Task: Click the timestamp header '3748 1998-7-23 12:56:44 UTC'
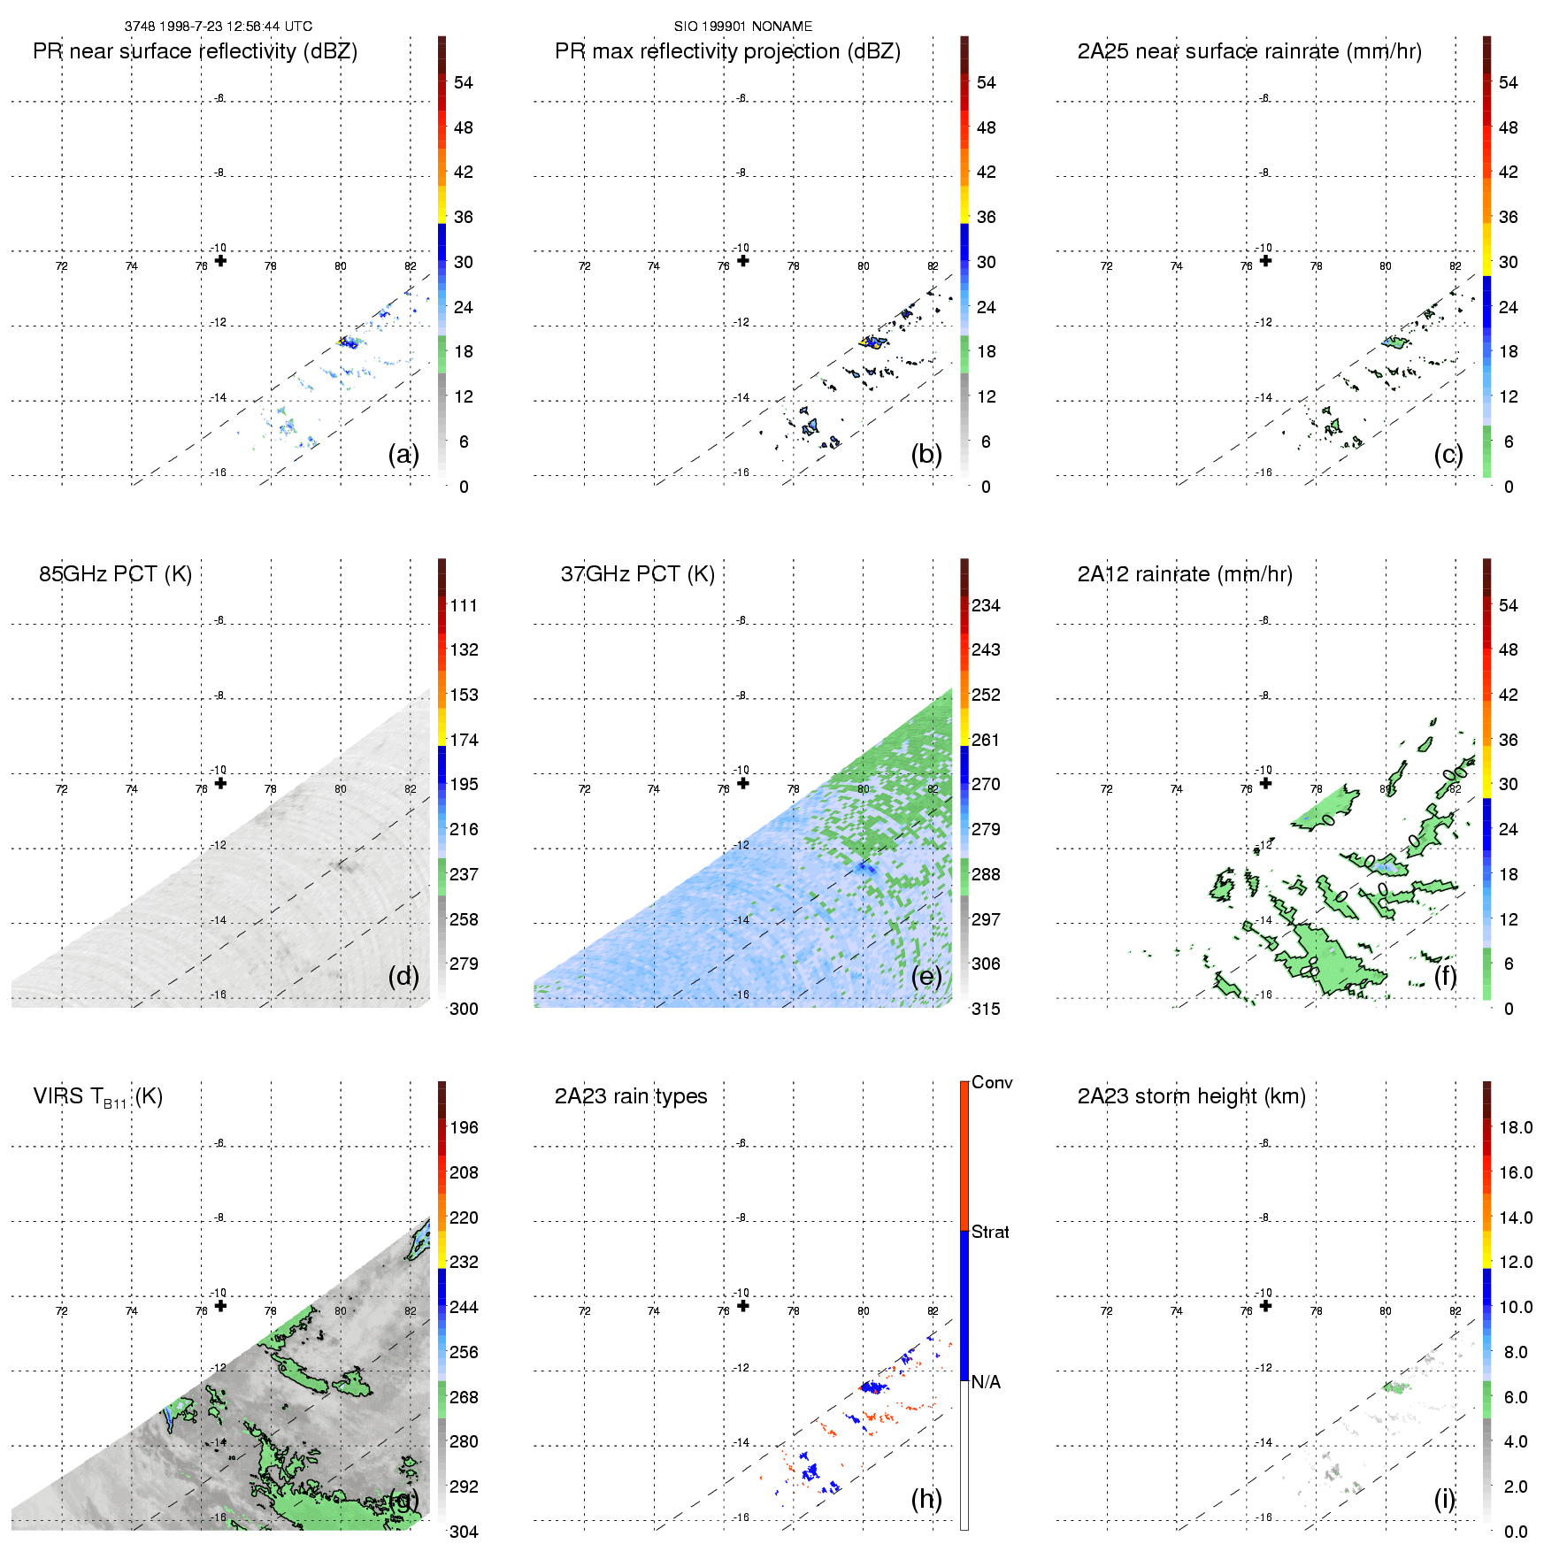click(x=218, y=27)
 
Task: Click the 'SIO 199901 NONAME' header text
click(x=742, y=27)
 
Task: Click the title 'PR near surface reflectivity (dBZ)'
click(x=195, y=51)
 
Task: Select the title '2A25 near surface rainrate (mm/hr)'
click(x=1248, y=51)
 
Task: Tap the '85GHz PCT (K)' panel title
click(x=115, y=574)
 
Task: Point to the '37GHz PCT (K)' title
click(x=637, y=574)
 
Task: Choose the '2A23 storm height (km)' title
click(x=1191, y=1096)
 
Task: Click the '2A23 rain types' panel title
click(x=630, y=1096)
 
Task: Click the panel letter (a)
click(x=403, y=455)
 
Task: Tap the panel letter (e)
click(x=926, y=977)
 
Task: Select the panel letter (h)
click(x=926, y=1499)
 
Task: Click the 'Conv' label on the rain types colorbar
click(x=991, y=1082)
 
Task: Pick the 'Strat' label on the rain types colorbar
click(x=989, y=1232)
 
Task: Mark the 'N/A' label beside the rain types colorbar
click(x=985, y=1382)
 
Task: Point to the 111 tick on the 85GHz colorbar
click(x=463, y=605)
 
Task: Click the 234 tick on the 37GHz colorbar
click(x=985, y=605)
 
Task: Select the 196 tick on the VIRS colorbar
click(x=463, y=1127)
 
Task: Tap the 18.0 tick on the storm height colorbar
click(x=1515, y=1127)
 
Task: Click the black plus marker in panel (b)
click(x=743, y=260)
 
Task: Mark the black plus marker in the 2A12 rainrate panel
click(x=1265, y=783)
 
